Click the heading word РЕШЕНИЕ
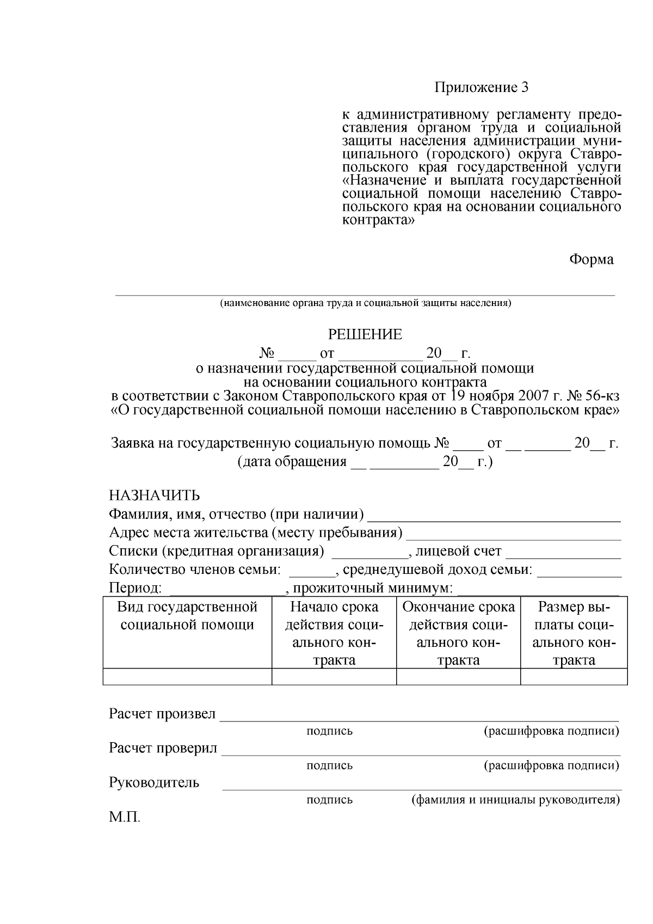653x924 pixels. (x=365, y=334)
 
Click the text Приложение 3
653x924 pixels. (x=481, y=87)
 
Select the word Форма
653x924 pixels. (x=591, y=260)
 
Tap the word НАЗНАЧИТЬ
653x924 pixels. (x=155, y=495)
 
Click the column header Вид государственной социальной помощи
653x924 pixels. (x=187, y=616)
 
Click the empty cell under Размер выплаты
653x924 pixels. (x=574, y=676)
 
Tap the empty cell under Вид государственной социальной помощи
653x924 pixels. (x=187, y=676)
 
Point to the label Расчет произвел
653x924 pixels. (x=162, y=714)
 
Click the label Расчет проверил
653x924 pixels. (x=163, y=748)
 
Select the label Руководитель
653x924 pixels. (x=154, y=783)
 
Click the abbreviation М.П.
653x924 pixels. (x=125, y=817)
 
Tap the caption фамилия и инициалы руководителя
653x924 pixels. (x=515, y=800)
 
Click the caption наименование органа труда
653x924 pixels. (x=365, y=303)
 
